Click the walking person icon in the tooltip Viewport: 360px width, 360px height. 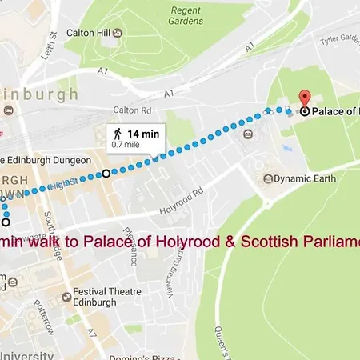click(x=117, y=134)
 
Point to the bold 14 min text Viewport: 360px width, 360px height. click(x=143, y=134)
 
